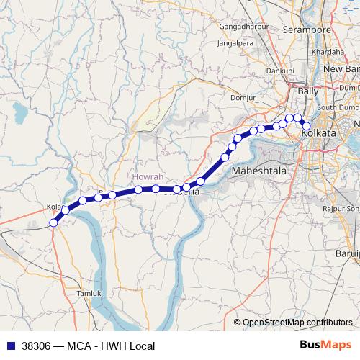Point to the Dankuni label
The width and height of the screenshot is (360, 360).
click(x=279, y=71)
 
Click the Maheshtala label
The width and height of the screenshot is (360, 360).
click(x=260, y=171)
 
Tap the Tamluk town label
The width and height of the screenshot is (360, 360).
click(x=83, y=294)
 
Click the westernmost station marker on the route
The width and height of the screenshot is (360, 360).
click(x=53, y=223)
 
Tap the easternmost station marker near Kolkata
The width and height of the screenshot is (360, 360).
click(x=306, y=126)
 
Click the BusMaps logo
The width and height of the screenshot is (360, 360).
click(x=326, y=345)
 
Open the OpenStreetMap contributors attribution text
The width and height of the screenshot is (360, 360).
click(x=297, y=323)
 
